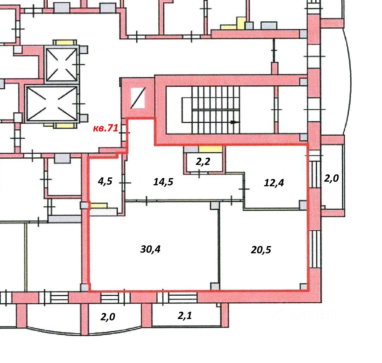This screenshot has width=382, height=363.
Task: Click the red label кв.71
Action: (x=105, y=128)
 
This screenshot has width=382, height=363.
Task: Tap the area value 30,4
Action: (x=150, y=249)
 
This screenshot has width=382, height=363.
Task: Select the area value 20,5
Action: (x=261, y=250)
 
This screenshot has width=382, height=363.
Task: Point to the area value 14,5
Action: (x=163, y=182)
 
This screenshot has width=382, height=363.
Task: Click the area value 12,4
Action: (x=274, y=183)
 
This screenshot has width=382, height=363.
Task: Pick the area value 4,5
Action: (x=105, y=181)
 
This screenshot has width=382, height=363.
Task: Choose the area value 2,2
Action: (x=203, y=162)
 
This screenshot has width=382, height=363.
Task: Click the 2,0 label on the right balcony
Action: (x=331, y=178)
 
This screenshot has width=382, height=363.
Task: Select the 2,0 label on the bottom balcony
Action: (x=108, y=317)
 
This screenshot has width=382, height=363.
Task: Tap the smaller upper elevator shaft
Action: (x=62, y=64)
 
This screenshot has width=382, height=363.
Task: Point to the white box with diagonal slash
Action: (x=138, y=98)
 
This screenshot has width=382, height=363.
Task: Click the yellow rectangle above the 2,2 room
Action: (x=210, y=149)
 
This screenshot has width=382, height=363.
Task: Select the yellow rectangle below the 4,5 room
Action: (x=99, y=206)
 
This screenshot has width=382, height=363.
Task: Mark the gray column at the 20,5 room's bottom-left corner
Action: (x=214, y=286)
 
